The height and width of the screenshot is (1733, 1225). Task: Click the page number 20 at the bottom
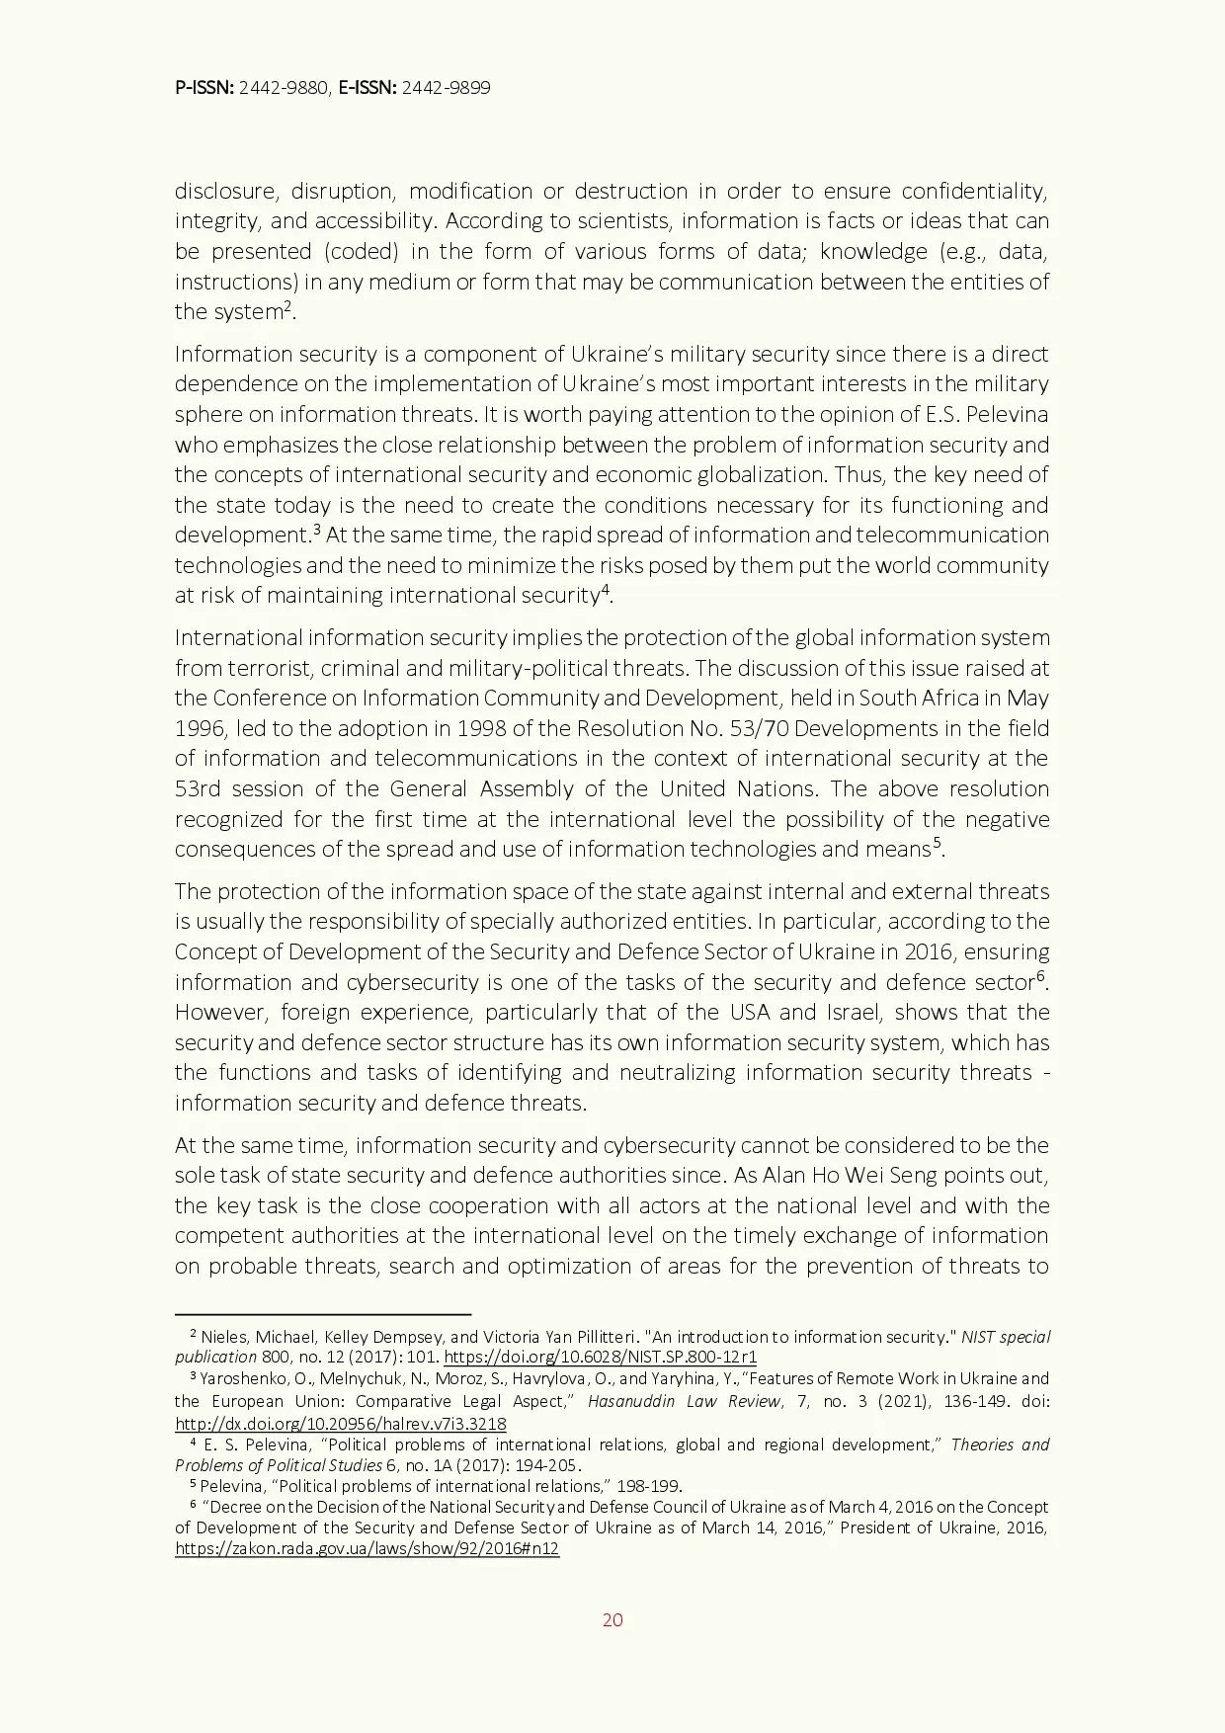612,1619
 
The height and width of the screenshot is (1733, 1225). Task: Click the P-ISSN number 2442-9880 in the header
284,88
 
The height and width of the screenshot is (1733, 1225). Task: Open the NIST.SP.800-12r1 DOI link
600,1358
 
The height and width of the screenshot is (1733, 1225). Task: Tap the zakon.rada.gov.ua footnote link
367,1549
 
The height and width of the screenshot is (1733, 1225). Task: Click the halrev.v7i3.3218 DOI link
340,1424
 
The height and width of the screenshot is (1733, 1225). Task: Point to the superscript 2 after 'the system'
287,306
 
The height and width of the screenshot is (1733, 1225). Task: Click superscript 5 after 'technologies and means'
938,843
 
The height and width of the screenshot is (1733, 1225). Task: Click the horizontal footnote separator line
322,1315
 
